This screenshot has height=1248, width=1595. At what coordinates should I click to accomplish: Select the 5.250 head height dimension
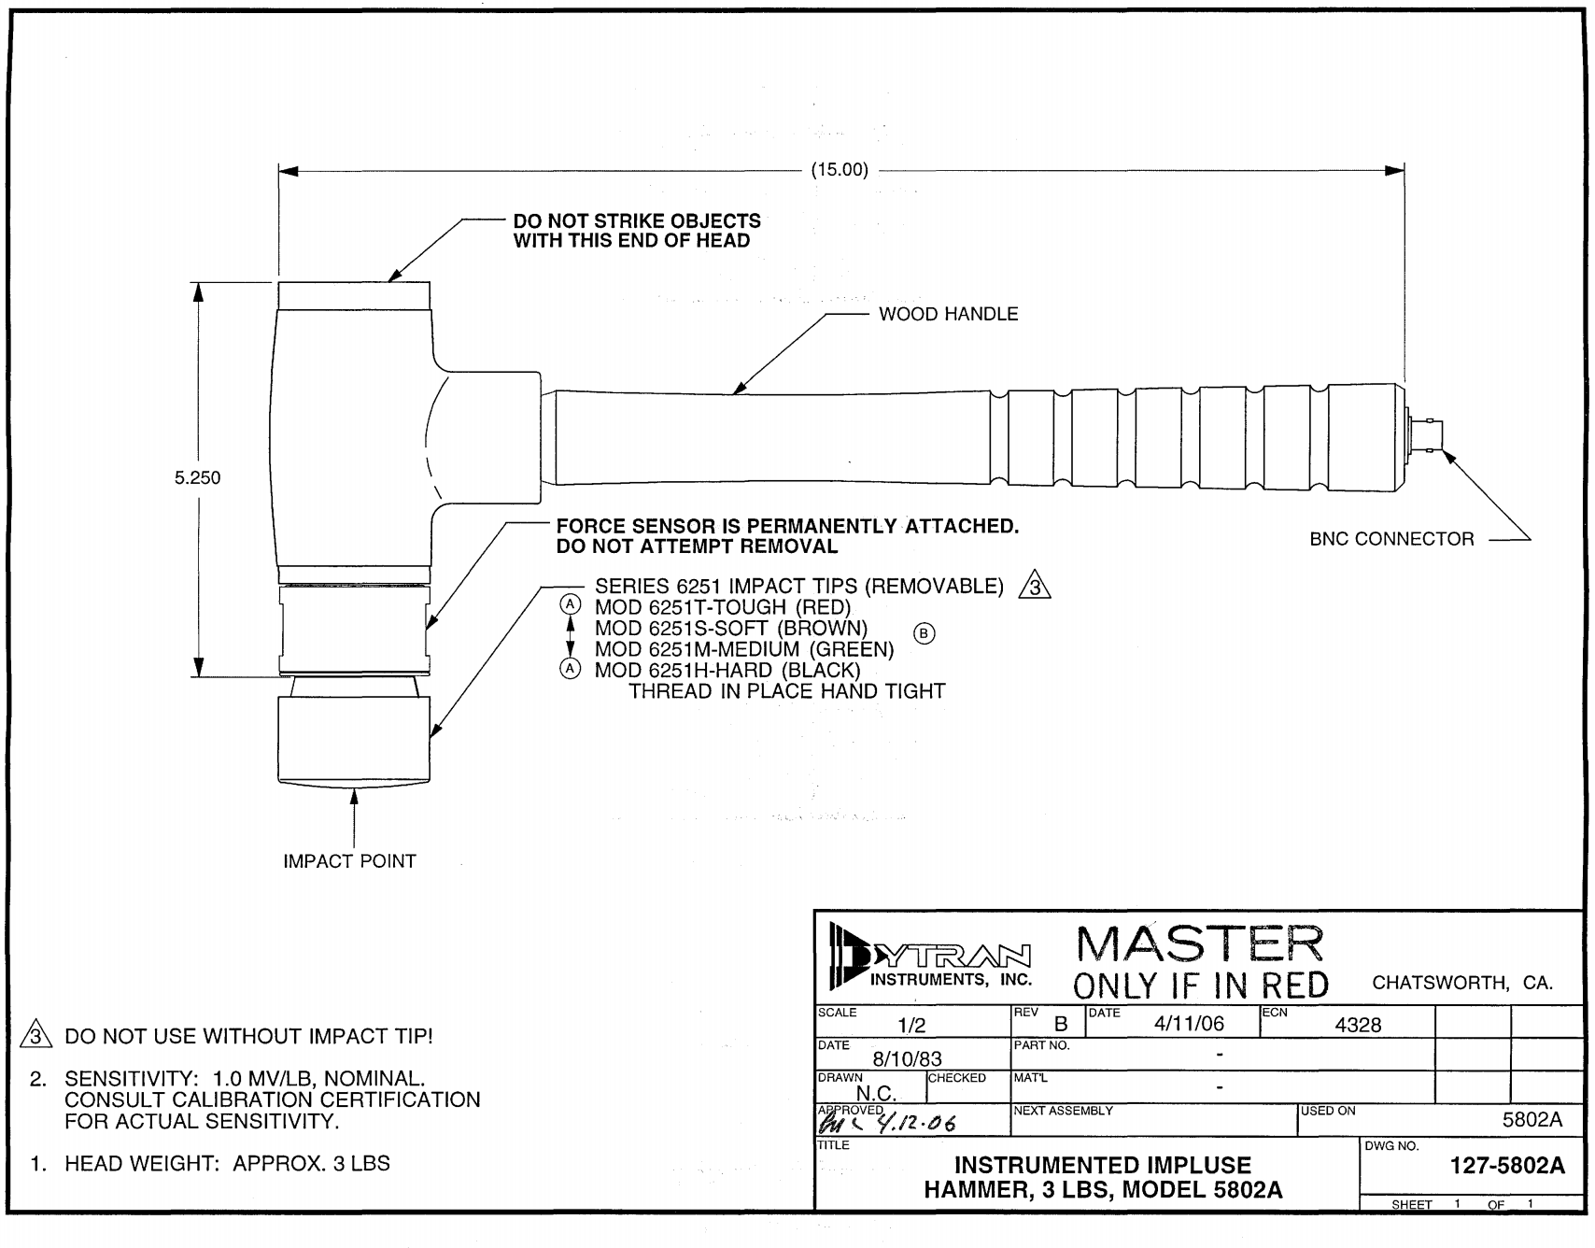(198, 478)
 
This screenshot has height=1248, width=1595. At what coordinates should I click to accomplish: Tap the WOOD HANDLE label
(948, 315)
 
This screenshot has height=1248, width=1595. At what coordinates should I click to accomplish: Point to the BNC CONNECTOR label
(1391, 539)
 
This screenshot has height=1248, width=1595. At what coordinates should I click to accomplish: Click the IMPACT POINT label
(349, 861)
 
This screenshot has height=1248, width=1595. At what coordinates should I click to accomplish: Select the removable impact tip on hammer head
(355, 738)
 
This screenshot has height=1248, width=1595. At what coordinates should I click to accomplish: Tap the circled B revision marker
(924, 633)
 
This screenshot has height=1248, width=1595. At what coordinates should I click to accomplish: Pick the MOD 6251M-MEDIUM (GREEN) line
(743, 649)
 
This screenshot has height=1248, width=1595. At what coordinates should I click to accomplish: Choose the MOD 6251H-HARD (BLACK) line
(727, 671)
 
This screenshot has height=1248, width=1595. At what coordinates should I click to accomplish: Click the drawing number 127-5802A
(1506, 1165)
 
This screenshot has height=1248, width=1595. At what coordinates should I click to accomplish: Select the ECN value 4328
(1357, 1025)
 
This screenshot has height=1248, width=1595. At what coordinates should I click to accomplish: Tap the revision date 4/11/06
(1188, 1023)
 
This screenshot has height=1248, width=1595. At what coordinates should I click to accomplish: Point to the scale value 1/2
(910, 1026)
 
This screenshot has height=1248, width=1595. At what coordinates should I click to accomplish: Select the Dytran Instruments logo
(926, 957)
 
